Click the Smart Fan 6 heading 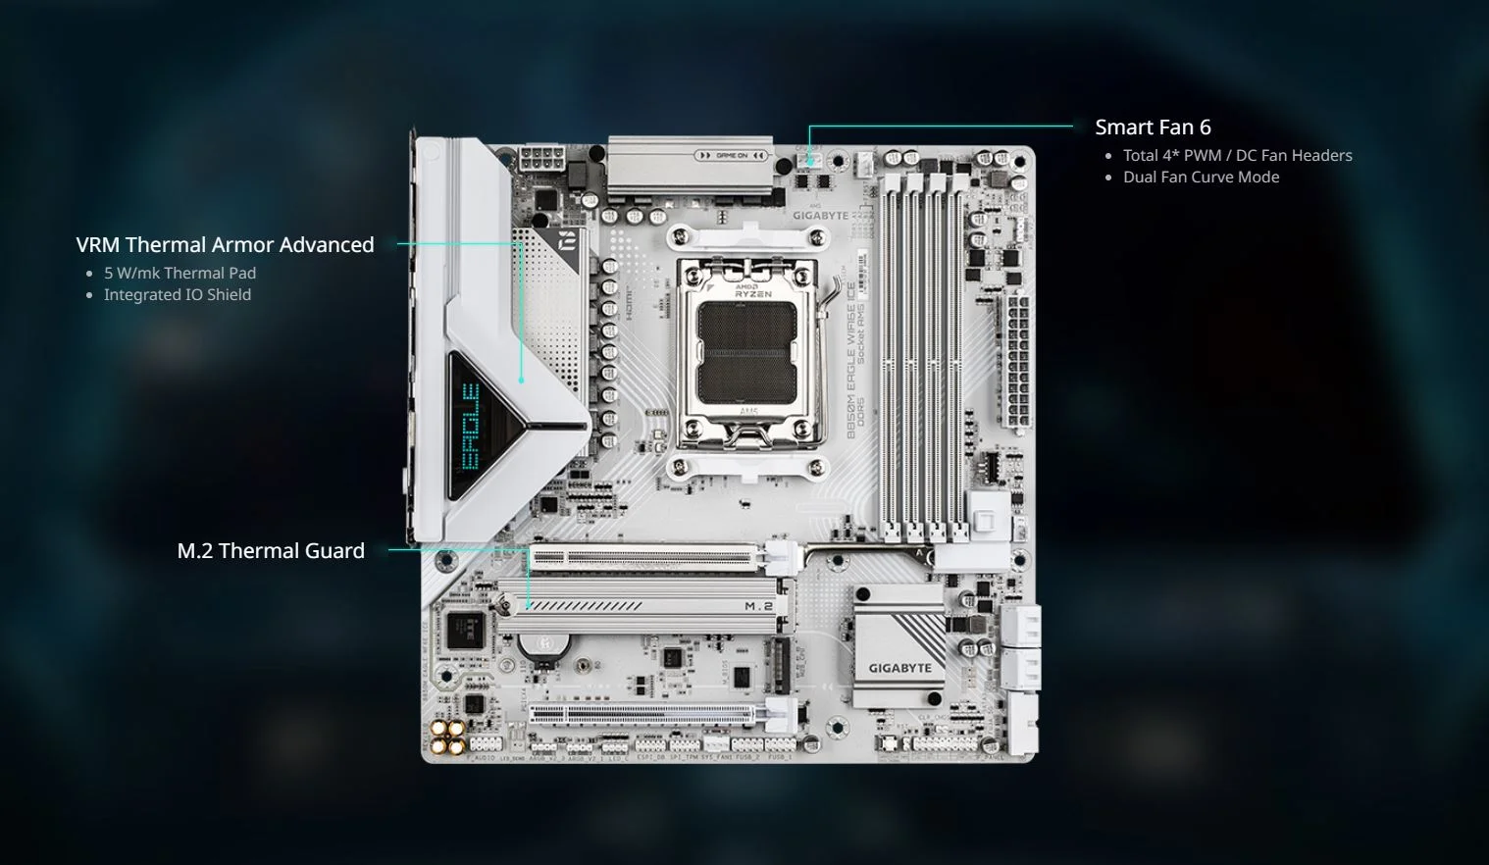(1153, 127)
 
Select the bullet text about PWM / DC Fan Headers (1237, 155)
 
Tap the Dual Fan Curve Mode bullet (1201, 177)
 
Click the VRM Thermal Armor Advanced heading (225, 245)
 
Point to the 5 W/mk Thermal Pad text (180, 273)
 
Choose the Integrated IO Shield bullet (177, 294)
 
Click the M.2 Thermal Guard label (271, 551)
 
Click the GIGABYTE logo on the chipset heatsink (899, 668)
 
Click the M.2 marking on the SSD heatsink (758, 606)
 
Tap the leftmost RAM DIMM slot (891, 353)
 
